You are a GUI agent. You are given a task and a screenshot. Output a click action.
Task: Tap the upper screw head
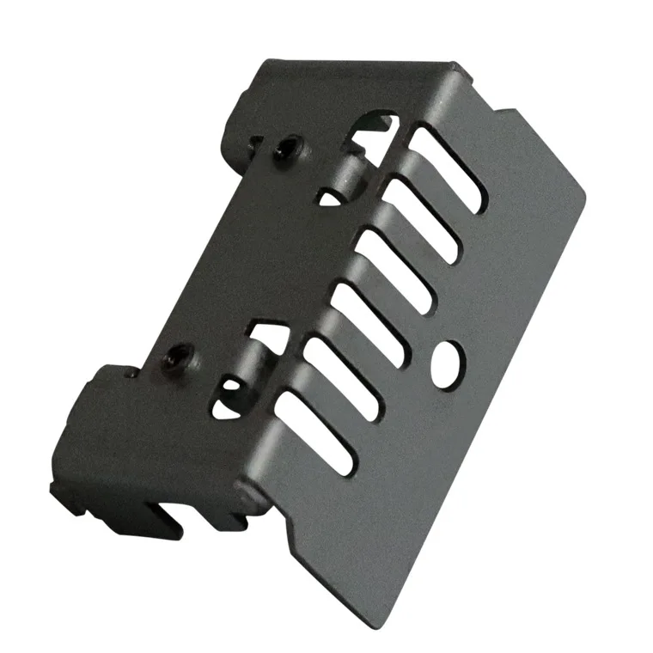coord(285,151)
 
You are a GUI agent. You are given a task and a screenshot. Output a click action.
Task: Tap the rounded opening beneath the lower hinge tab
coord(225,394)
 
